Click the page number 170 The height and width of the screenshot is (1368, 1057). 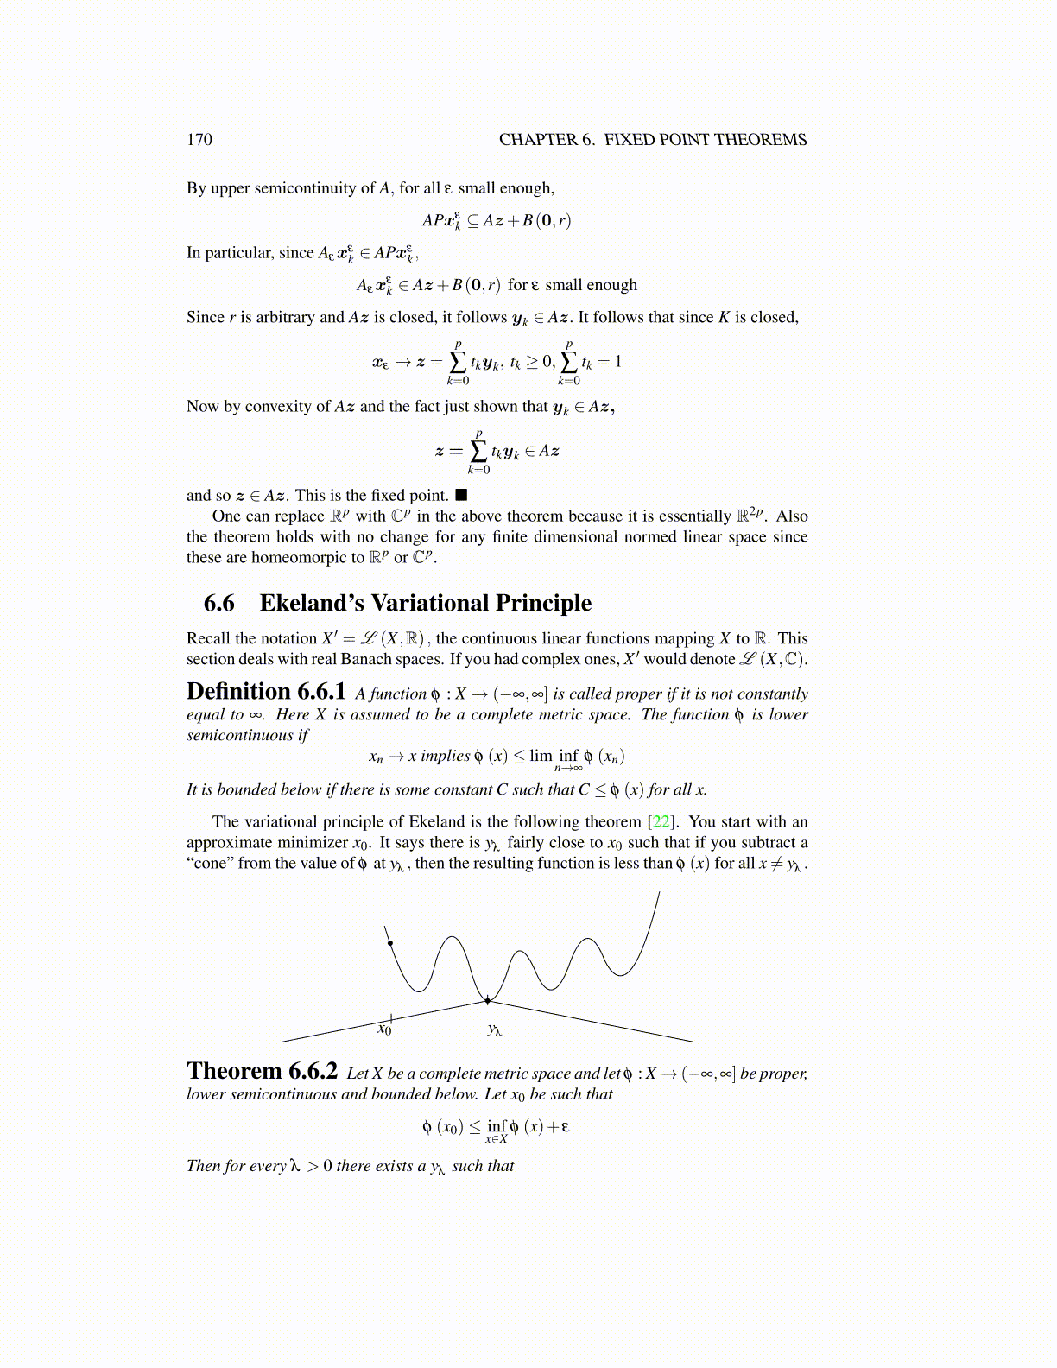(199, 140)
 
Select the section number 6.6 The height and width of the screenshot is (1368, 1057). (218, 603)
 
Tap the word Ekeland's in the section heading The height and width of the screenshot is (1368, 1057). (304, 603)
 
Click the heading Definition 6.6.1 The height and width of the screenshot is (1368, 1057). (266, 692)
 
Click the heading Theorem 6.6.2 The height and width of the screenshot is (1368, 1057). (262, 1071)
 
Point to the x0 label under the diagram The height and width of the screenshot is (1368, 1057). (384, 1029)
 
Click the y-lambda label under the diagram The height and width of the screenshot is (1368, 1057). (494, 1029)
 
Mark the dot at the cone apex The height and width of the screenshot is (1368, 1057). (488, 1000)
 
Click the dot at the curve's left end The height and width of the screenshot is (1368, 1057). (390, 942)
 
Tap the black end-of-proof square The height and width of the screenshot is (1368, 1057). (461, 495)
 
